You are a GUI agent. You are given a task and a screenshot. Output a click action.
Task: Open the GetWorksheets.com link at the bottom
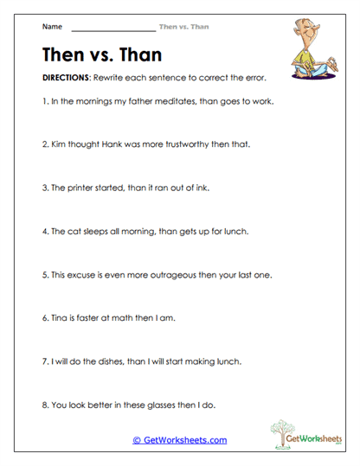point(179,440)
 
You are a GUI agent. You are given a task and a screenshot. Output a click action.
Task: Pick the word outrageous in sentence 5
point(180,274)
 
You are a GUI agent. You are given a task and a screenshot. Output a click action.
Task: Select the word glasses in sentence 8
point(158,404)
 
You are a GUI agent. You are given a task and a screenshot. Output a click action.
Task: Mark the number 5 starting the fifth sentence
point(44,274)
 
